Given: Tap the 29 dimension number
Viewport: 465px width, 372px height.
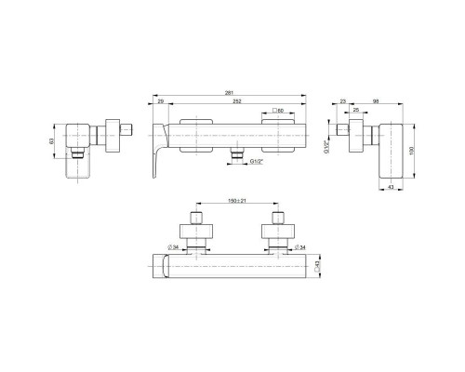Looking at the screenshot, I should [161, 101].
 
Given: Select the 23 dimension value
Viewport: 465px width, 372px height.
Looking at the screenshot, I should [344, 100].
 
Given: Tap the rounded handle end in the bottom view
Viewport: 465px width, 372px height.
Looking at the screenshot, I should [159, 267].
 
